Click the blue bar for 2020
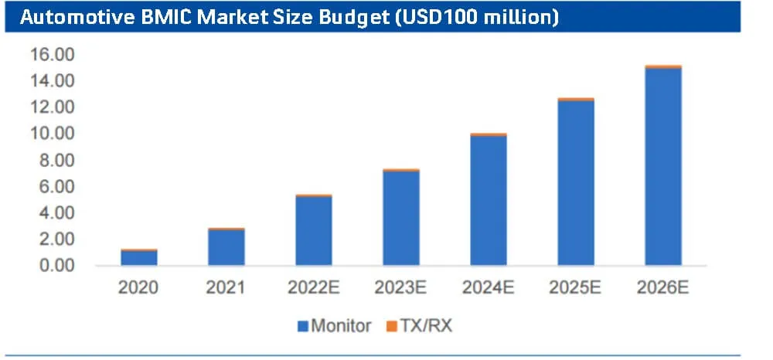tap(139, 258)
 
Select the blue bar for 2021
tap(226, 248)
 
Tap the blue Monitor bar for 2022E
tap(313, 231)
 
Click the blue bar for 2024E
tap(488, 201)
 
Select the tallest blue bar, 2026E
tap(662, 167)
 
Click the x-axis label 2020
tap(139, 287)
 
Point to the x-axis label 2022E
tap(313, 287)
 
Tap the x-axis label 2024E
tap(488, 287)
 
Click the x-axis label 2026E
tap(662, 287)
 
